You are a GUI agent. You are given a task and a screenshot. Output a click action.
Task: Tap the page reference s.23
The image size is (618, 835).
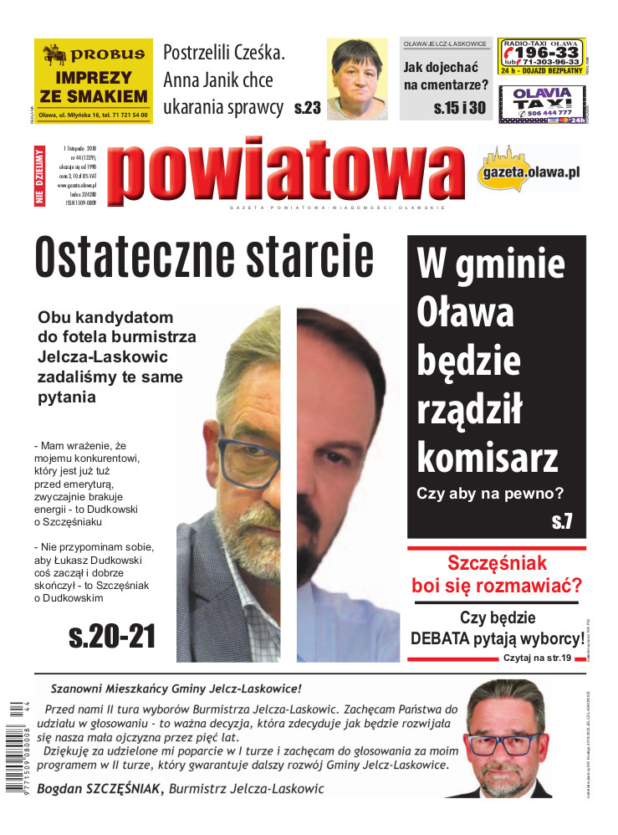click(x=308, y=108)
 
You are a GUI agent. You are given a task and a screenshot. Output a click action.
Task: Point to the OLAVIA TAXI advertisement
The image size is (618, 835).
click(x=543, y=105)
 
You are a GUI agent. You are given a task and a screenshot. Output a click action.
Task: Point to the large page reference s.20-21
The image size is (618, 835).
click(x=112, y=636)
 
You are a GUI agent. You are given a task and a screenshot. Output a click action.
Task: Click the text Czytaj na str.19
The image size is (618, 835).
click(x=536, y=659)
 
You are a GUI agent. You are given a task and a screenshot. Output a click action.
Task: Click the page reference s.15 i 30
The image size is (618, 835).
click(x=459, y=108)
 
